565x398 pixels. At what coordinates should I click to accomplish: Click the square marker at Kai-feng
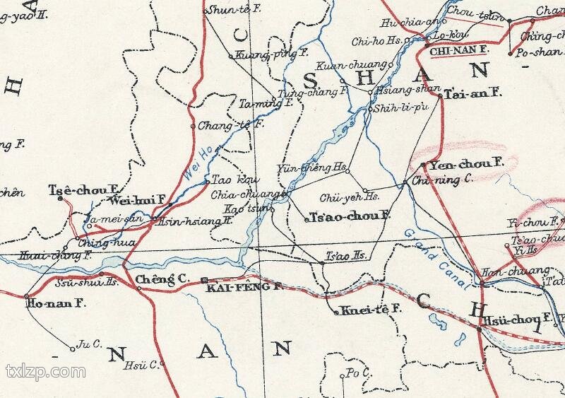pyautogui.click(x=204, y=280)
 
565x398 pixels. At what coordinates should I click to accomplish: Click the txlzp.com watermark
pyautogui.click(x=45, y=371)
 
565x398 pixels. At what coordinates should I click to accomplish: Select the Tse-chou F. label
pyautogui.click(x=82, y=189)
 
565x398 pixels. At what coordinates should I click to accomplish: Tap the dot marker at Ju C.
pyautogui.click(x=72, y=348)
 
